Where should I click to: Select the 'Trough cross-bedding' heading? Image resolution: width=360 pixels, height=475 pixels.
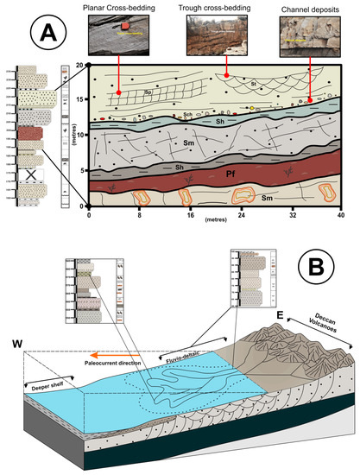220,7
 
